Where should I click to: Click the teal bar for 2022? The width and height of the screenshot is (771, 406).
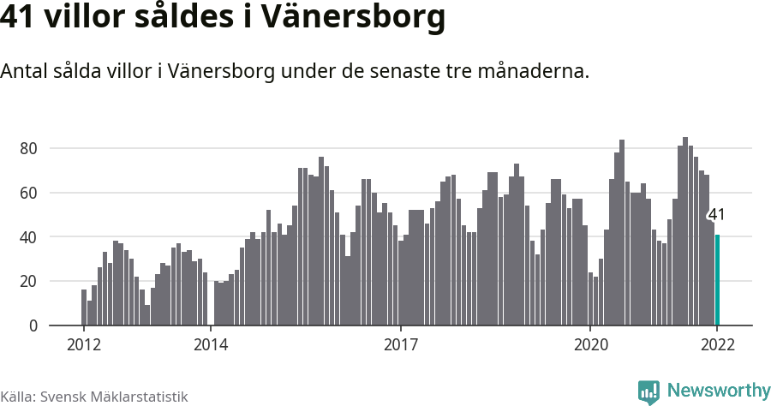click(x=717, y=280)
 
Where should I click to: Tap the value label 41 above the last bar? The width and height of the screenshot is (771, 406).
click(x=716, y=215)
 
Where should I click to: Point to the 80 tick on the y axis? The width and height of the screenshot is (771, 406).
click(x=28, y=148)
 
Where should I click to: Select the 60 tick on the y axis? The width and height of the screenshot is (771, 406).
click(x=28, y=193)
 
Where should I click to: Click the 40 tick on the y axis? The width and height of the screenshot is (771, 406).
click(x=28, y=237)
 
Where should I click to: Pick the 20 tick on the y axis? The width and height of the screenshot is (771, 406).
click(x=28, y=281)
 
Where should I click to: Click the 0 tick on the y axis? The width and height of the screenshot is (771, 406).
click(x=33, y=325)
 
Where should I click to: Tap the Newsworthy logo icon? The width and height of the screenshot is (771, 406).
click(x=648, y=391)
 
